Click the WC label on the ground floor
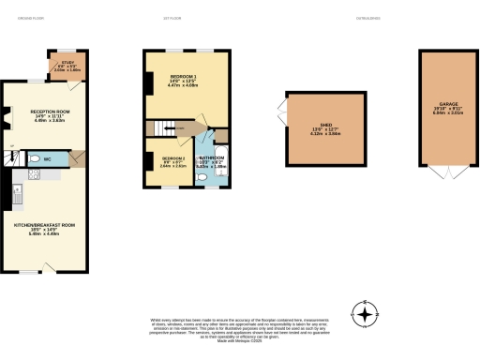point(46,159)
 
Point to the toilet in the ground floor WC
point(33,159)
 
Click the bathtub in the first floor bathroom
point(218,159)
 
